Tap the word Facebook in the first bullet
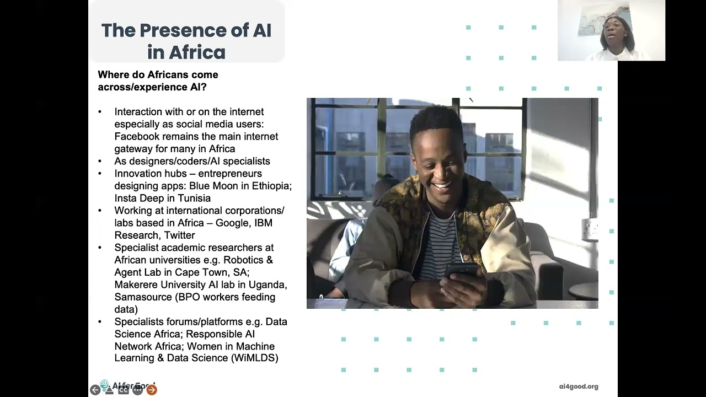click(137, 136)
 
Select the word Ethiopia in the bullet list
click(271, 186)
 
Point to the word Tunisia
click(194, 198)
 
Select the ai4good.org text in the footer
click(578, 387)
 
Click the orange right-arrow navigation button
click(152, 390)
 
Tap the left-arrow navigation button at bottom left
click(95, 390)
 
